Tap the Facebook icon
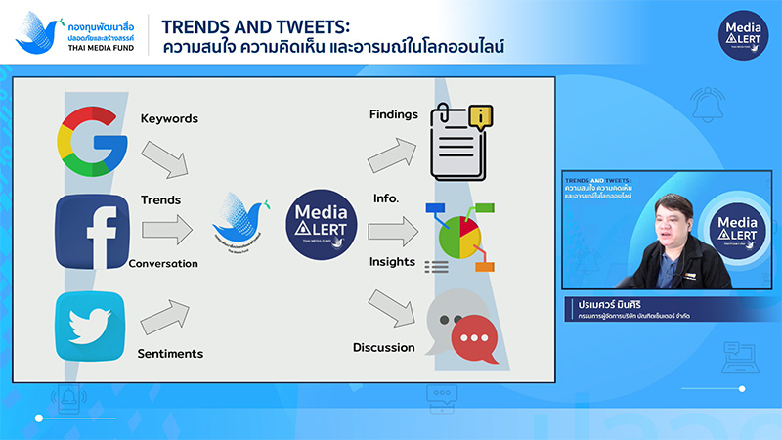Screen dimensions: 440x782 tap(92, 231)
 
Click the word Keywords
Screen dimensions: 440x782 tap(169, 119)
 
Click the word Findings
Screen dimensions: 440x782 tap(393, 114)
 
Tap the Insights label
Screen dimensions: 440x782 tap(392, 262)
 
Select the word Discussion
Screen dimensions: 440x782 tap(384, 347)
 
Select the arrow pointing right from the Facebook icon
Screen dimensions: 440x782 tap(167, 231)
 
